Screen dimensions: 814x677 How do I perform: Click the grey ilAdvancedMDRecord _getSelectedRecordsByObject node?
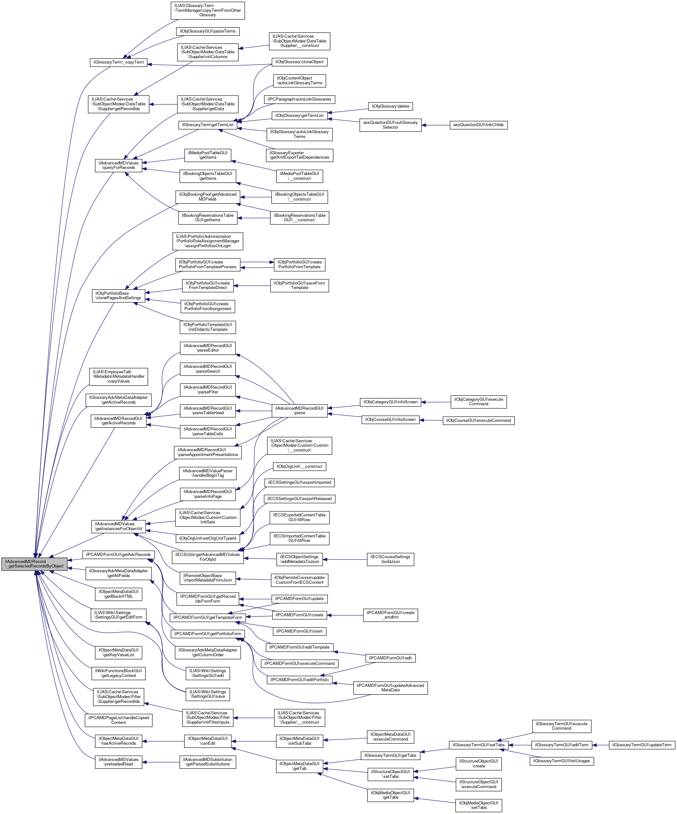(34, 564)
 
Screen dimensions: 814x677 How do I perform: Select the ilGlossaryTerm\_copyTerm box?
(118, 62)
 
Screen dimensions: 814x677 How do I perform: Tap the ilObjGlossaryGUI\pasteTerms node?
(207, 31)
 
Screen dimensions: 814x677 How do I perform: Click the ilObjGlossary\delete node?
(390, 106)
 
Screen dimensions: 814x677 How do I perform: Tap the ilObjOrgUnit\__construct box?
(299, 466)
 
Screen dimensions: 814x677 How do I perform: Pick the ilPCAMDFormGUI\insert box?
(299, 631)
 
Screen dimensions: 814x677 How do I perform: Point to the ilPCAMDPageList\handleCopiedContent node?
(118, 720)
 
